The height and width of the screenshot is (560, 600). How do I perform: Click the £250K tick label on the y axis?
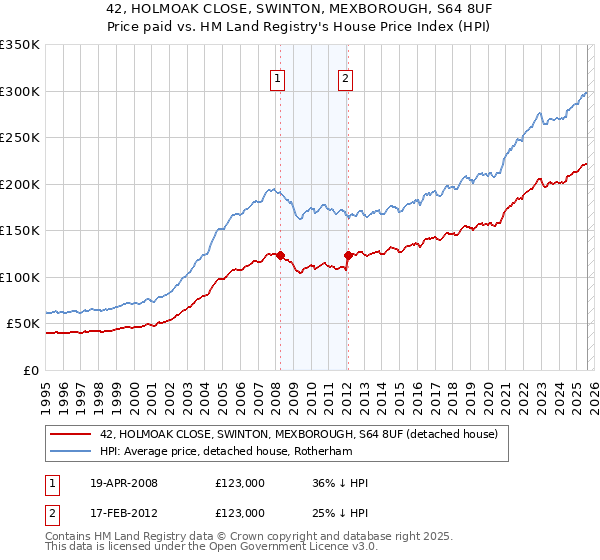(20, 138)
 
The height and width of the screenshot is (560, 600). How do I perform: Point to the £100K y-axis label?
(20, 277)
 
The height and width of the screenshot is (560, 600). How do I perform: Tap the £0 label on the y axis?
(30, 370)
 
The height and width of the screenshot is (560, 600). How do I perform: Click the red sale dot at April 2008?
(280, 255)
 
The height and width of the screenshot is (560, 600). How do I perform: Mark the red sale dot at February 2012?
(348, 255)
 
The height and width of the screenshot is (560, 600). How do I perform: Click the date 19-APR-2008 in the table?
(123, 483)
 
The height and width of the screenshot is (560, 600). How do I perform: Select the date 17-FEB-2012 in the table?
(123, 513)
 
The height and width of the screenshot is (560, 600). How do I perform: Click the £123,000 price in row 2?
(239, 513)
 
